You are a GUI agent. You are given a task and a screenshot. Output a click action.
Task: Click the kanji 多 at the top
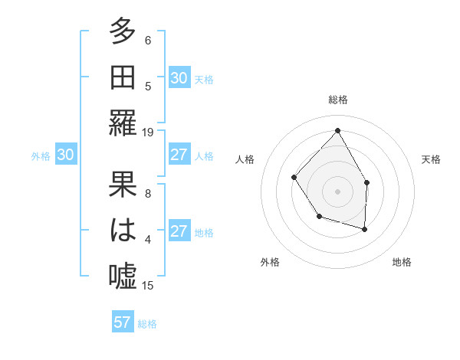[x=123, y=31]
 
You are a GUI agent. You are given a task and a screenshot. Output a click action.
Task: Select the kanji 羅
[x=123, y=123]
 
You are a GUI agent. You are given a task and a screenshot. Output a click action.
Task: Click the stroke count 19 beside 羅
[x=148, y=132]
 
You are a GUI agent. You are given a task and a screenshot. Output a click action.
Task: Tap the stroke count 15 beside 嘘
[x=148, y=285]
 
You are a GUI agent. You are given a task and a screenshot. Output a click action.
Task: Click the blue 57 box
[x=123, y=322]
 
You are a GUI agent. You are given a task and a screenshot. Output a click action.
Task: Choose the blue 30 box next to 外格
[x=65, y=155]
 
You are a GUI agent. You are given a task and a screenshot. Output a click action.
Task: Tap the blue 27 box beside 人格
[x=179, y=155]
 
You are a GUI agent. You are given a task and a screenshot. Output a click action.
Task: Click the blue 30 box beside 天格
[x=179, y=78]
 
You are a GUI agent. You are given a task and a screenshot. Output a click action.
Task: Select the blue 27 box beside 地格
[x=179, y=232]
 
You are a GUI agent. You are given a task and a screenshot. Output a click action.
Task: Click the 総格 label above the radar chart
[x=337, y=100]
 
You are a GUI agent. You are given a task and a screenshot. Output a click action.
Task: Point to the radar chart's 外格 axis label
[x=270, y=262]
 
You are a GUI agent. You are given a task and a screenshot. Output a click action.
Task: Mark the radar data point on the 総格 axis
[x=337, y=130]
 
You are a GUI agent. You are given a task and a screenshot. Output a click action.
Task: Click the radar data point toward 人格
[x=294, y=177]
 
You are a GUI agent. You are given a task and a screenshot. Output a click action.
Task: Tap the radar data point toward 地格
[x=365, y=229]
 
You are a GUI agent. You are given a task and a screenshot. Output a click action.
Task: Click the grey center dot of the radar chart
[x=337, y=191]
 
